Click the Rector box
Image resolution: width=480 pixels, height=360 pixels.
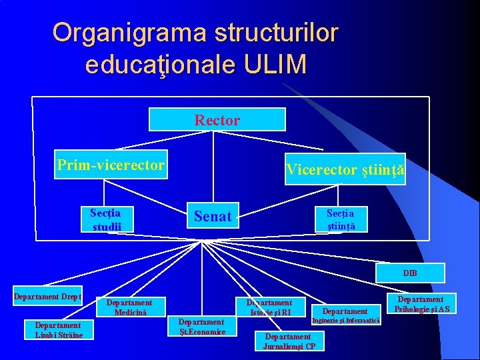(x=217, y=119)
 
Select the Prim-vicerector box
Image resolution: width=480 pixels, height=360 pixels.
(x=111, y=165)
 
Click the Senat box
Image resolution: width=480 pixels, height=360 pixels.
(x=212, y=215)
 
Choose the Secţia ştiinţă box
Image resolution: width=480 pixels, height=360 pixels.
(x=340, y=219)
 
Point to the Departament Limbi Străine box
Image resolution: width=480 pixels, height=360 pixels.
(x=59, y=330)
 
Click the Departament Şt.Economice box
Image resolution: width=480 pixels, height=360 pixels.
(x=202, y=326)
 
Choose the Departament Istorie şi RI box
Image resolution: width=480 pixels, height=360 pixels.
(x=270, y=307)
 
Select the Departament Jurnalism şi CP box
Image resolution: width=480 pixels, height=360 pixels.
(x=289, y=341)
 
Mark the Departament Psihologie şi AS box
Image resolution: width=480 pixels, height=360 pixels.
(x=422, y=304)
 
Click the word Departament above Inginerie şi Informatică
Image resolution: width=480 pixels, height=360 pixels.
(x=345, y=311)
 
